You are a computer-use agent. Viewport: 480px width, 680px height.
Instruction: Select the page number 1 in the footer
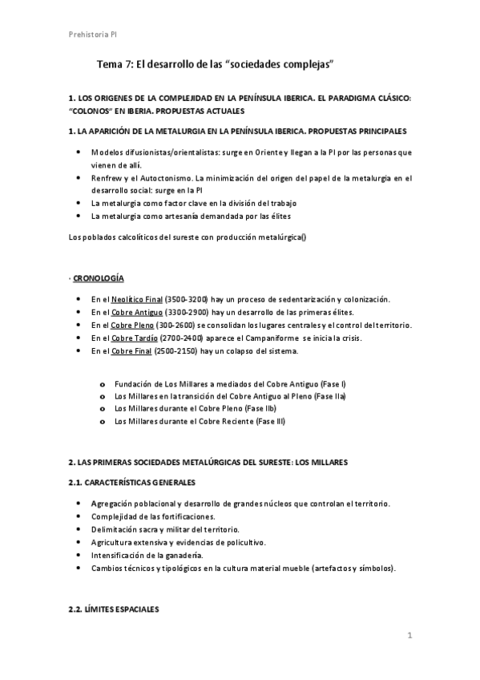tap(409, 637)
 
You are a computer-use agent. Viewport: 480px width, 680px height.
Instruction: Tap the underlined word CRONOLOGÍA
tap(99, 277)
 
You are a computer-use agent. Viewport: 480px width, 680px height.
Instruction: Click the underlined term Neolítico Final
tap(137, 298)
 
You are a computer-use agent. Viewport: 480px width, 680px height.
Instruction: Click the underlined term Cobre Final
tap(132, 351)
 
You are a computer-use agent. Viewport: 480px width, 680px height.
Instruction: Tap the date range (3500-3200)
tap(186, 298)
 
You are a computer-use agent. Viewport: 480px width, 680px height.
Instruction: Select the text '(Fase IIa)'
tap(331, 396)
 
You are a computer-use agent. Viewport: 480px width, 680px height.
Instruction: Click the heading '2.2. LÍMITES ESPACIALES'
tap(115, 609)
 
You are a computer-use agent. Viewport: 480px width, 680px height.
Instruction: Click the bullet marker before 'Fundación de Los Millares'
tap(102, 383)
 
